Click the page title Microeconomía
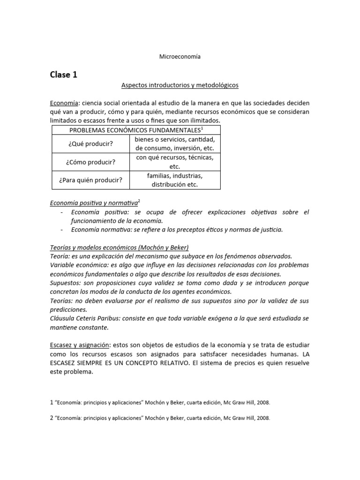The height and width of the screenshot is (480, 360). pos(180,56)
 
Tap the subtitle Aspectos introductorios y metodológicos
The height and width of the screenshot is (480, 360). pos(180,85)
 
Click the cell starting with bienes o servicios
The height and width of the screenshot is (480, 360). pos(175,144)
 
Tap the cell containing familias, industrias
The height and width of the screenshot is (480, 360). pos(175,180)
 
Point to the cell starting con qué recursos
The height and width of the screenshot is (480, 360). pos(175,162)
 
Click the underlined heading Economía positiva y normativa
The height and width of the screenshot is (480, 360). pos(94,203)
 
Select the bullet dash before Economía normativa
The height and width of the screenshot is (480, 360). pos(62,230)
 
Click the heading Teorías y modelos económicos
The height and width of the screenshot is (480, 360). pos(119,247)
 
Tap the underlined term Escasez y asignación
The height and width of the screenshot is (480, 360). pos(79,345)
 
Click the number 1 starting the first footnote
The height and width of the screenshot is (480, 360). pos(52,402)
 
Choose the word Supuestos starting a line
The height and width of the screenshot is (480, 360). pos(64,283)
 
